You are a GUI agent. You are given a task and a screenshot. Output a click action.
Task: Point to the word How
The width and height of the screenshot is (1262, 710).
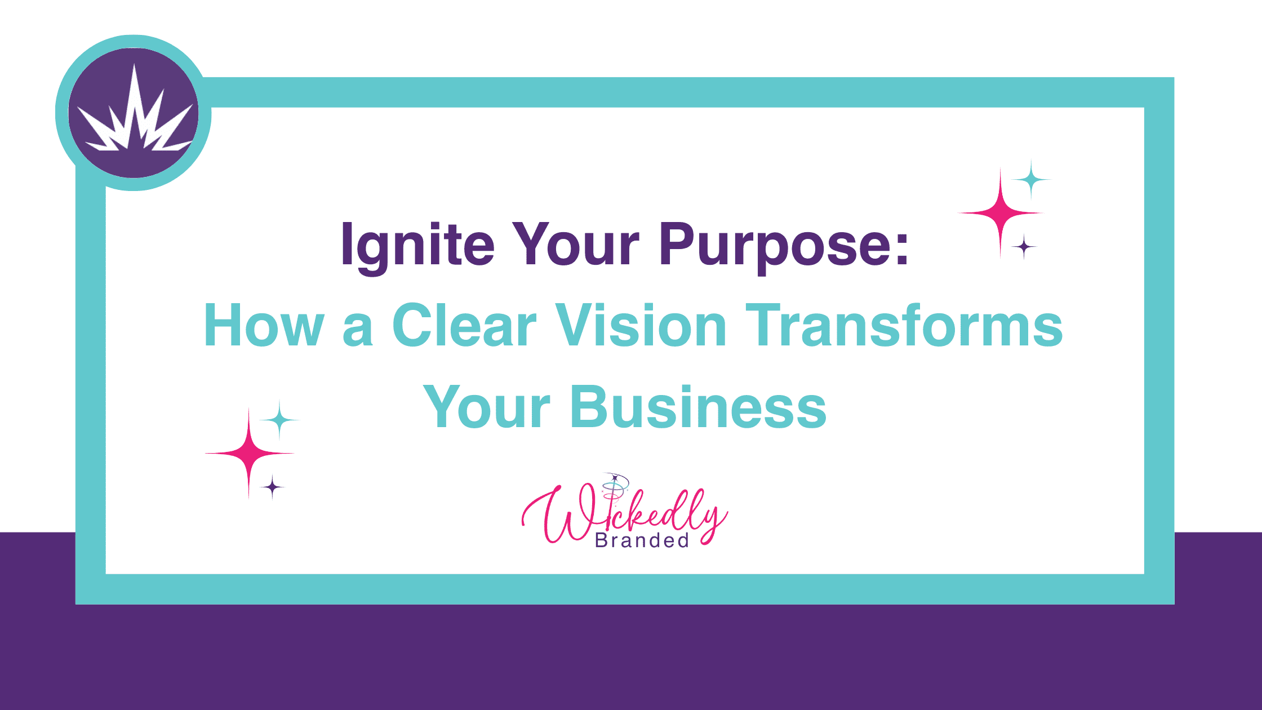click(264, 325)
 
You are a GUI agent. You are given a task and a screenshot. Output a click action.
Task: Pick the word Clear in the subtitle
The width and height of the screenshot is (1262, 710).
click(464, 325)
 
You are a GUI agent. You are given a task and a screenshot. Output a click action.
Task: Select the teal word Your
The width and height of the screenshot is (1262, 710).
click(486, 407)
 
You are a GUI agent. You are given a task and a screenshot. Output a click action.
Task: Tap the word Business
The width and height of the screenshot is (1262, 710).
click(698, 407)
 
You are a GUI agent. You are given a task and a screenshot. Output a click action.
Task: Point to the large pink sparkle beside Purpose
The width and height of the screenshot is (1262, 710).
click(1001, 213)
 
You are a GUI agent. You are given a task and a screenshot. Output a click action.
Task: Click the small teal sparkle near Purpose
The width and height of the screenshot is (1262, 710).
click(1031, 180)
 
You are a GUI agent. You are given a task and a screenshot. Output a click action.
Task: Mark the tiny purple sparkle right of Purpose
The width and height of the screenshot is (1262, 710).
click(1024, 247)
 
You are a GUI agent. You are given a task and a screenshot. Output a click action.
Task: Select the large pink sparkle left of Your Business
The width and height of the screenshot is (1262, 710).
click(249, 453)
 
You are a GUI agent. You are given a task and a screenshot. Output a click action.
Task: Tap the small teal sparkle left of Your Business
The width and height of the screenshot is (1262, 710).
click(279, 420)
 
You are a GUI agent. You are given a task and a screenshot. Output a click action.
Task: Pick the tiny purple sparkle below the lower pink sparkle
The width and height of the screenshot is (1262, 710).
click(273, 487)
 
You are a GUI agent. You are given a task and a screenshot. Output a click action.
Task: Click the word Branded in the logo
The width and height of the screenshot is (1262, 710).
click(642, 541)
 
